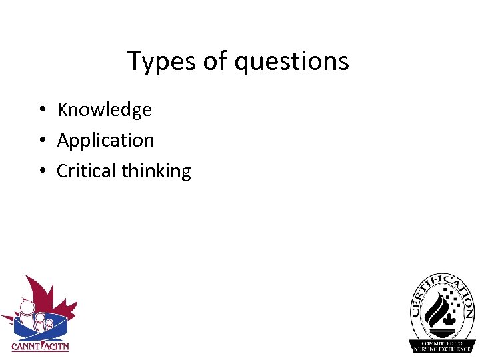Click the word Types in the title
160,62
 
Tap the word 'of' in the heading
215,61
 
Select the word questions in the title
291,62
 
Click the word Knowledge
105,110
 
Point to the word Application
105,141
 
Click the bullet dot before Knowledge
41,110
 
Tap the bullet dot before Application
41,141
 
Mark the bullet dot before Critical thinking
41,171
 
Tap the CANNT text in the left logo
25,347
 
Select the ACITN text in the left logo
56,347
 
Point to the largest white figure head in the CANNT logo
26,308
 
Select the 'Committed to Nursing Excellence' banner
442,346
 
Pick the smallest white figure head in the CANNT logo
49,323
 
